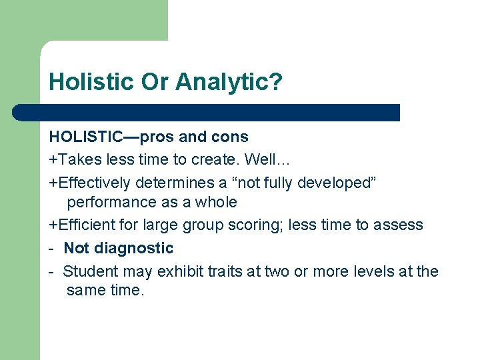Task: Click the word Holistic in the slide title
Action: pyautogui.click(x=91, y=82)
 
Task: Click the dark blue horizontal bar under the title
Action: pyautogui.click(x=207, y=113)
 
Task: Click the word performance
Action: pyautogui.click(x=109, y=202)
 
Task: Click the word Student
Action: pyautogui.click(x=90, y=271)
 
